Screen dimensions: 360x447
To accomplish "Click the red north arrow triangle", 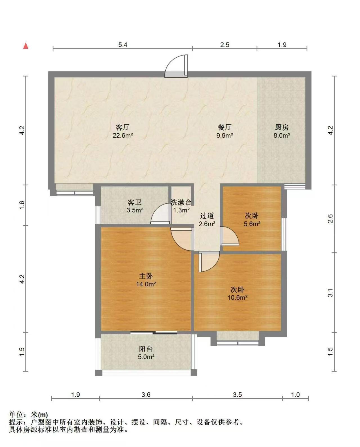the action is (26, 46).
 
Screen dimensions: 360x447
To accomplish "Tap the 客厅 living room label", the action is (123, 127).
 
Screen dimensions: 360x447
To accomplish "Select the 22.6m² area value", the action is (123, 135).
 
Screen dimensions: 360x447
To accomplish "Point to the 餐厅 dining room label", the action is (224, 127).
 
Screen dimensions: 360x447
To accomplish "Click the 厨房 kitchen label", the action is (282, 127).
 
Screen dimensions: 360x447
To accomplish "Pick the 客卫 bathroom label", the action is (135, 202).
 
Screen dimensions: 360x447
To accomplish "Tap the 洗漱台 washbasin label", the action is (181, 202).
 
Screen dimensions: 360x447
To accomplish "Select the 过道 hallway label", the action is (207, 216).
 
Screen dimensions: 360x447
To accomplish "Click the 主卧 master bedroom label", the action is (146, 276).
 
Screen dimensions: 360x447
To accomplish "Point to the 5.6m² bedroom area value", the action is (252, 224).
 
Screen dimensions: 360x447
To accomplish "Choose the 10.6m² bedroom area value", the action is (237, 298).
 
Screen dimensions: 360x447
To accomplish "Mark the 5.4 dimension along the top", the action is (123, 45).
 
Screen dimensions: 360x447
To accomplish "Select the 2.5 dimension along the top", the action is (225, 45).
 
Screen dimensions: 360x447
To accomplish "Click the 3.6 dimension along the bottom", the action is (146, 395).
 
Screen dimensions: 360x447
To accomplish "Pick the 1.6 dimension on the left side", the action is (22, 205).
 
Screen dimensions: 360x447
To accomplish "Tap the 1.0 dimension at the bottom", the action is (295, 395).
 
